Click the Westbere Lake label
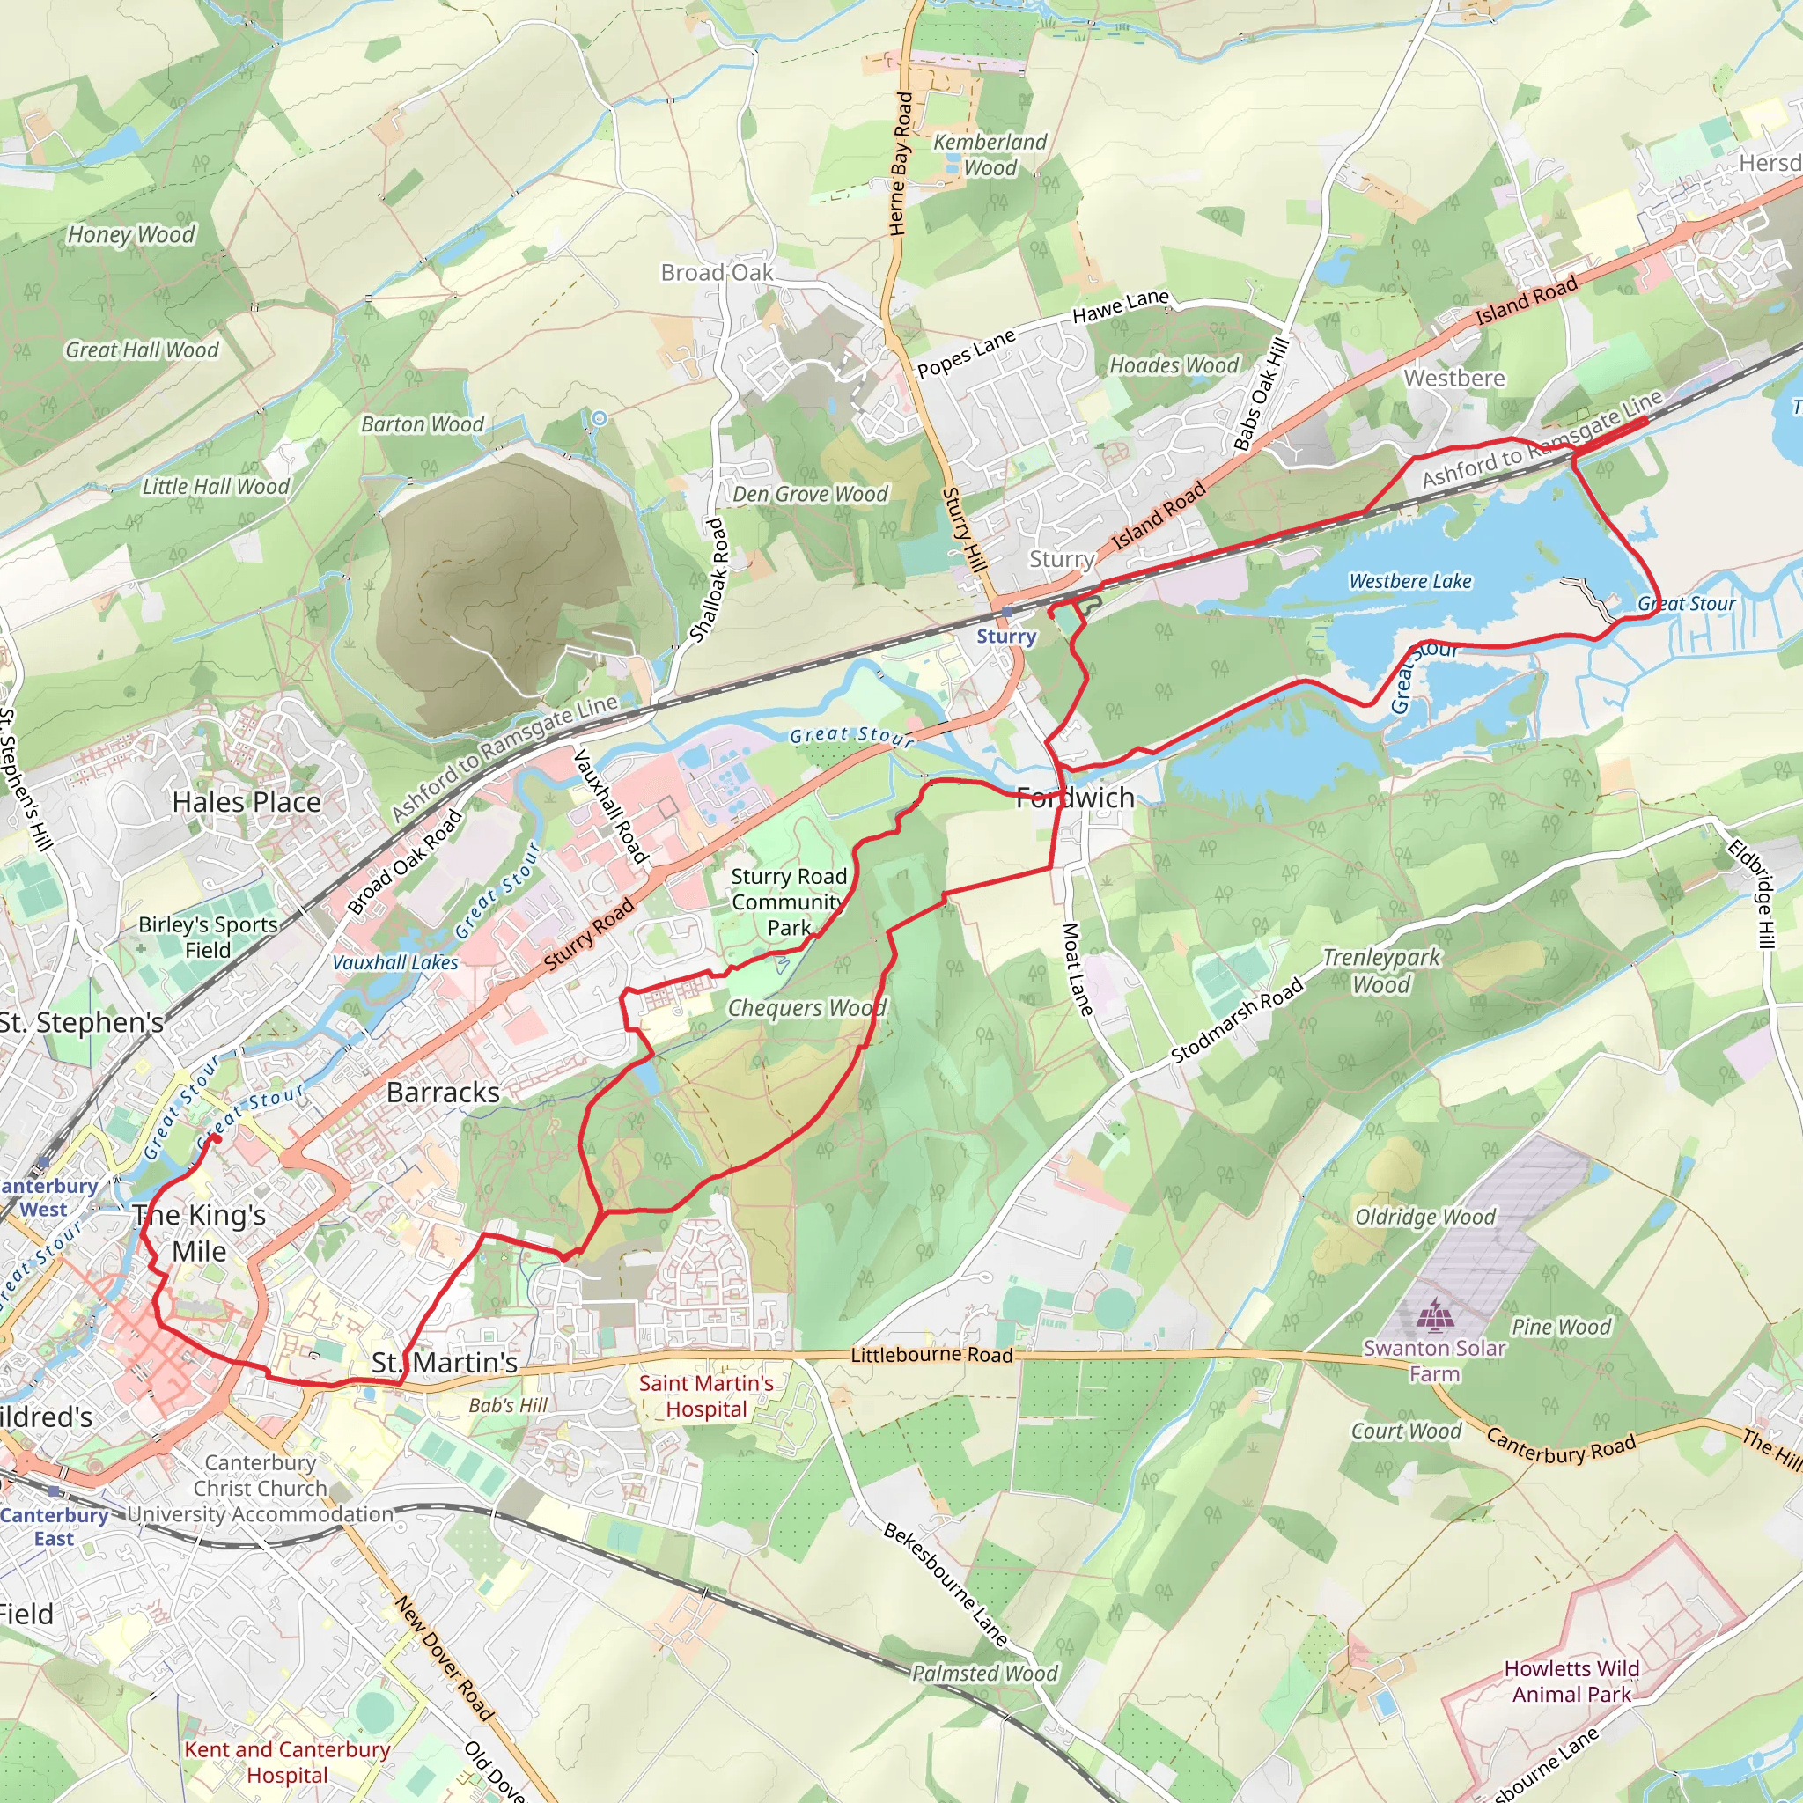click(1409, 581)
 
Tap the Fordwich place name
click(1075, 798)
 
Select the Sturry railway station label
click(1006, 637)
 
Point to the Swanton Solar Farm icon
click(1434, 1316)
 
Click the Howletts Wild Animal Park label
click(1571, 1681)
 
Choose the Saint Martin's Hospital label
click(705, 1396)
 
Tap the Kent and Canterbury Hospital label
click(286, 1762)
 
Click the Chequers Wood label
click(806, 1008)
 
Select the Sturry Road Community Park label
click(789, 901)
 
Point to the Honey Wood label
click(131, 234)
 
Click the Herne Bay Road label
click(901, 164)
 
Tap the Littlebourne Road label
click(931, 1354)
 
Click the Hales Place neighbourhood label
click(247, 802)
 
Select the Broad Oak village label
click(717, 273)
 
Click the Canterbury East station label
click(54, 1527)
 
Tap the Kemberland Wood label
click(990, 155)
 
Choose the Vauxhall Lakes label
click(395, 962)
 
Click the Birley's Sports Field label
click(208, 937)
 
